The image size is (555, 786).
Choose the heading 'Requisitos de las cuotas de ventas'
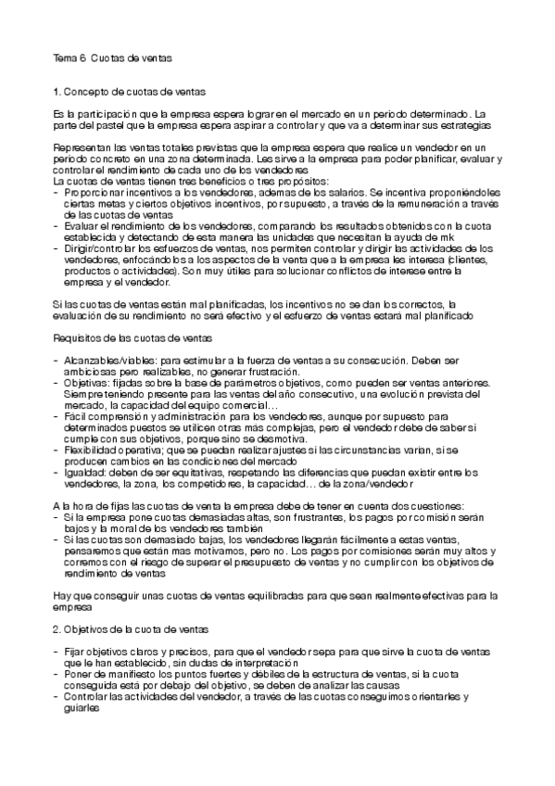coord(134,338)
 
